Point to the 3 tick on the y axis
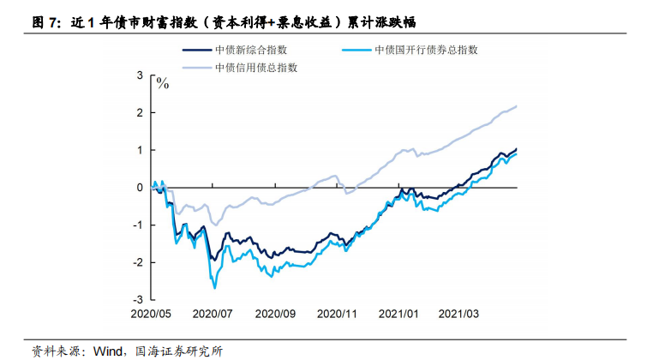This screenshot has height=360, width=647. click(141, 75)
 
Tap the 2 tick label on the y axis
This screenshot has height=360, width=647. click(141, 113)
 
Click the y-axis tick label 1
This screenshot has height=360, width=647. click(141, 150)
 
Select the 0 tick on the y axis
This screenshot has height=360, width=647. click(141, 187)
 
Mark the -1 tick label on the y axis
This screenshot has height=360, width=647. click(138, 225)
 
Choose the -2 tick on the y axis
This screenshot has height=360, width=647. click(138, 261)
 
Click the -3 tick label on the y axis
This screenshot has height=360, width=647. click(138, 299)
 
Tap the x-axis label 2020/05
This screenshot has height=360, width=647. click(153, 314)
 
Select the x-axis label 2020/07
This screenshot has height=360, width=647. click(213, 314)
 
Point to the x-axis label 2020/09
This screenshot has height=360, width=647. click(276, 314)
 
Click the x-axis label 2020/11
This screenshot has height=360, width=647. click(338, 314)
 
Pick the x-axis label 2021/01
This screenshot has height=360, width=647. click(399, 314)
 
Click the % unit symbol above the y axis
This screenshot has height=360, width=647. click(162, 83)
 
